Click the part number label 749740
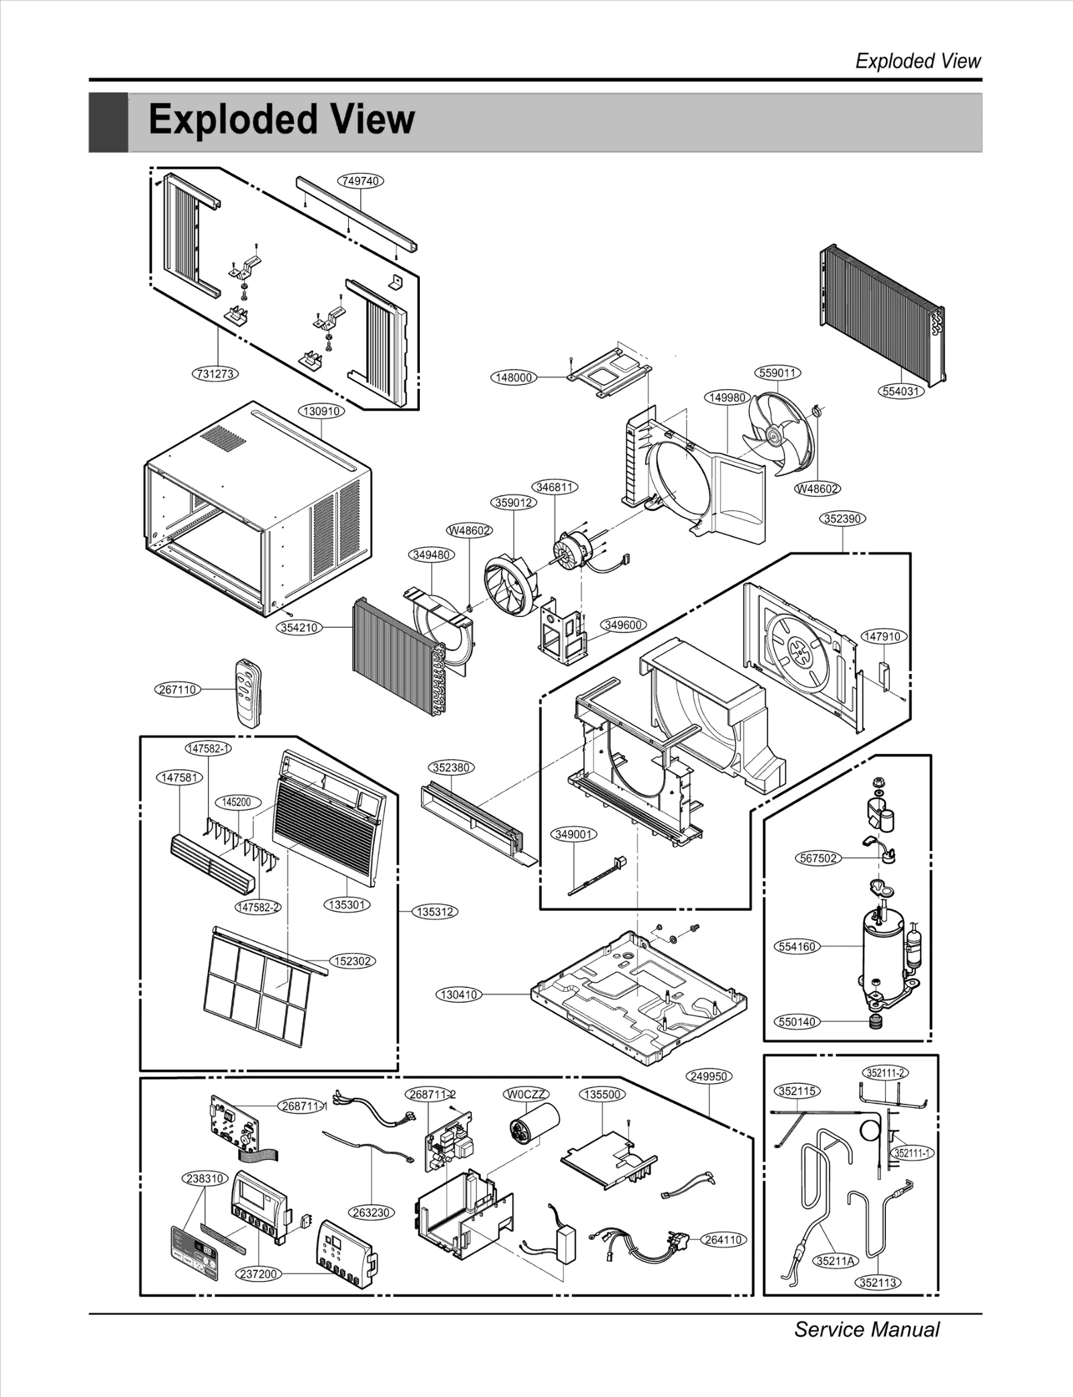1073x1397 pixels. tap(360, 181)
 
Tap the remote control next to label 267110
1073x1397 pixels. tap(247, 691)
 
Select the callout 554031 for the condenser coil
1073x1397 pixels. tap(900, 391)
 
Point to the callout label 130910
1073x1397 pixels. tap(321, 411)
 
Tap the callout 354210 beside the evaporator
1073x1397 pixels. tap(299, 628)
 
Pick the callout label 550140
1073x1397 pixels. tap(797, 1021)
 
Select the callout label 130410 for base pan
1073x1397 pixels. tap(459, 995)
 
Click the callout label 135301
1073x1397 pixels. tap(346, 905)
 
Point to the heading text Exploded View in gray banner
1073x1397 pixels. tap(282, 120)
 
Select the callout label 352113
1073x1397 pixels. tap(878, 1282)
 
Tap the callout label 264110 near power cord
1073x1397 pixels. tap(723, 1239)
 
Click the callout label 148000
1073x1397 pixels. tap(514, 378)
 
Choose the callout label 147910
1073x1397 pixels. tap(883, 636)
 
